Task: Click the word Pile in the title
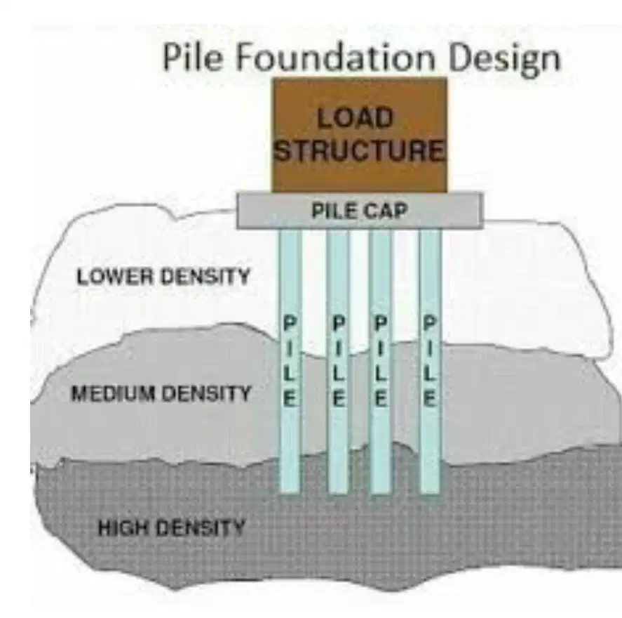[x=192, y=57]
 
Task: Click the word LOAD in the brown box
[x=355, y=118]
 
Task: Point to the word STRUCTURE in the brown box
[x=360, y=150]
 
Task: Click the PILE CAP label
[x=360, y=211]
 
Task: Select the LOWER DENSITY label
[x=163, y=277]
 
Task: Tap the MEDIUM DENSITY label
[x=161, y=393]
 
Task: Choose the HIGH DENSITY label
[x=171, y=528]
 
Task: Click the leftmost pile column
[x=290, y=362]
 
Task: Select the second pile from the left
[x=339, y=362]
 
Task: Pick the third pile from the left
[x=380, y=362]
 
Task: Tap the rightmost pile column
[x=430, y=362]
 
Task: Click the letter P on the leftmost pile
[x=290, y=322]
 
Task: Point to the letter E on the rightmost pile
[x=430, y=399]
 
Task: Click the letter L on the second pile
[x=339, y=374]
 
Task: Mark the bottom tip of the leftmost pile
[x=290, y=493]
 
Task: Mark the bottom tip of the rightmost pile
[x=430, y=493]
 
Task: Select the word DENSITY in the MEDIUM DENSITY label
[x=207, y=393]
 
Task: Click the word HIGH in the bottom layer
[x=123, y=528]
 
